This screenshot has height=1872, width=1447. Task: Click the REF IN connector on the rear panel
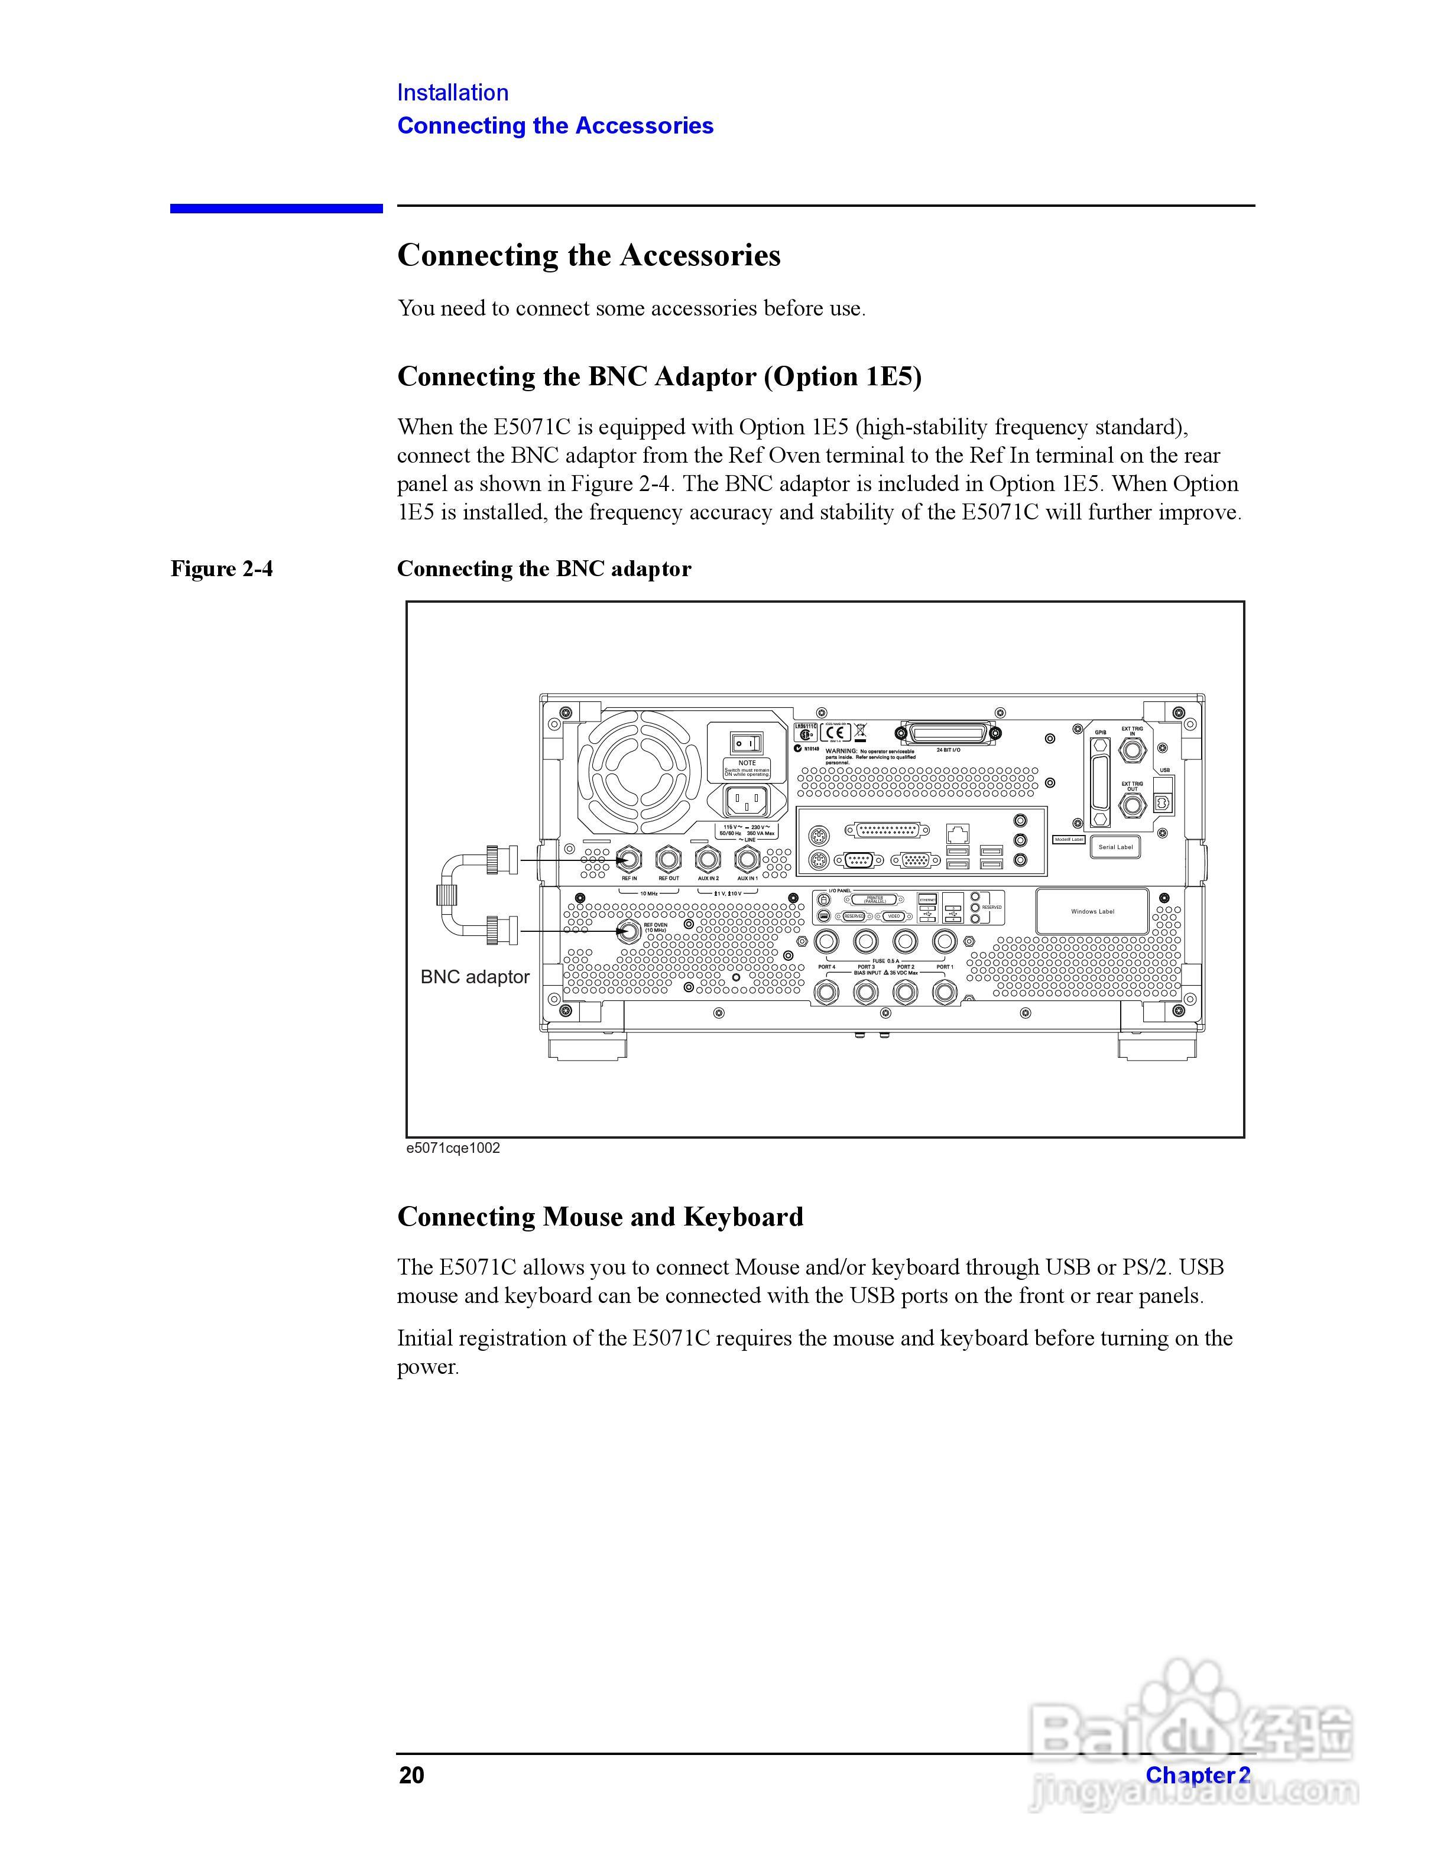pos(629,858)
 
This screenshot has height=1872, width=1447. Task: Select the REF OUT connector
pos(669,858)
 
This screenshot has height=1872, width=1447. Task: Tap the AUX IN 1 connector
pos(748,858)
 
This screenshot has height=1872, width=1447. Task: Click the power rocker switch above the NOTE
pos(745,743)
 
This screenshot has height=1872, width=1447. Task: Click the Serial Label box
pos(1115,847)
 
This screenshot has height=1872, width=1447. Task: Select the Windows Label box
pos(1092,911)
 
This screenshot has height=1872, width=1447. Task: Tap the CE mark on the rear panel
pos(836,733)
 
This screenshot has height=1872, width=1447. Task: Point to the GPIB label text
pos(1101,732)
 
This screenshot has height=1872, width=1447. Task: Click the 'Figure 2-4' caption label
pos(222,568)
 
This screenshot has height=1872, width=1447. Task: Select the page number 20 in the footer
pos(411,1774)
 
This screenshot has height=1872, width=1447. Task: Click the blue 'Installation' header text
pos(453,93)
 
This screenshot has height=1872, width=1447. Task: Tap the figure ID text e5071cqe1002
pos(453,1148)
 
